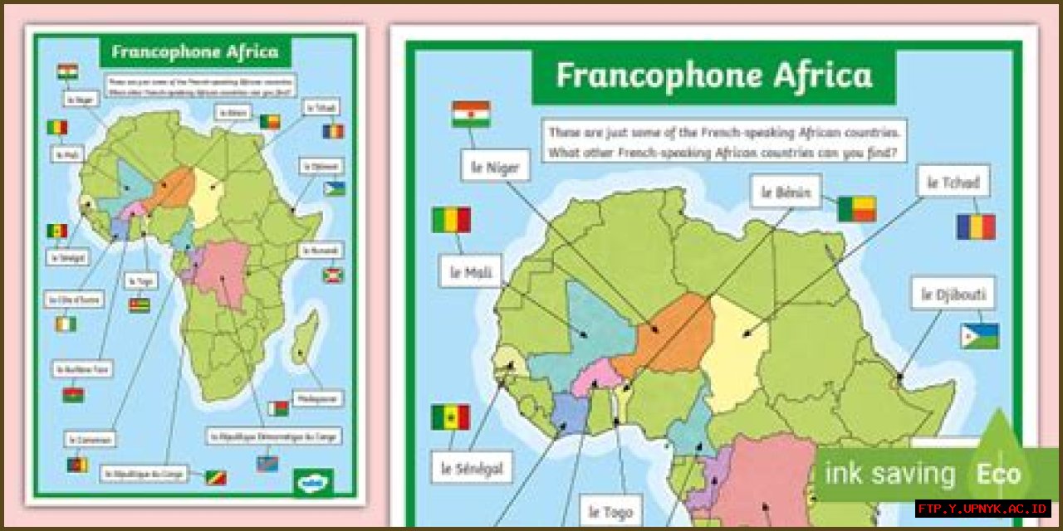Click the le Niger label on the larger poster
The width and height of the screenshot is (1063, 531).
click(496, 167)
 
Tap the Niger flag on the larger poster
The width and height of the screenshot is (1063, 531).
click(471, 114)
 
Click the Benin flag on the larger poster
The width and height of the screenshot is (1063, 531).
click(856, 209)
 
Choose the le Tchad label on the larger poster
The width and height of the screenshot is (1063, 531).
click(953, 182)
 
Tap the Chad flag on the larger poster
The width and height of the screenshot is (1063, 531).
click(975, 227)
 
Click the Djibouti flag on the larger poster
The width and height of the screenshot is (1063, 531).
click(979, 336)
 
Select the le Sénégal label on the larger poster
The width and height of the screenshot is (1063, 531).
click(471, 468)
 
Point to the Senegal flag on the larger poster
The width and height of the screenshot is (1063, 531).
click(450, 417)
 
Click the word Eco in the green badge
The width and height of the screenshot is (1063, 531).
click(997, 474)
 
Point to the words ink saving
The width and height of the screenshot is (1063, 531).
click(889, 474)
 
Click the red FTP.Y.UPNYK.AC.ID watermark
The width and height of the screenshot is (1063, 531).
click(982, 508)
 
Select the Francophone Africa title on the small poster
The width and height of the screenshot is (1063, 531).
click(194, 51)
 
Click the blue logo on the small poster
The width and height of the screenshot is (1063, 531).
click(313, 481)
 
